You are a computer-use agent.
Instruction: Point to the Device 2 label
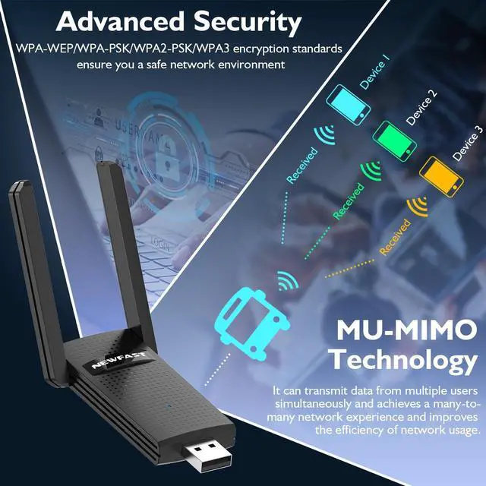click(421, 107)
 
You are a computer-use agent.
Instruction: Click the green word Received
click(349, 201)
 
